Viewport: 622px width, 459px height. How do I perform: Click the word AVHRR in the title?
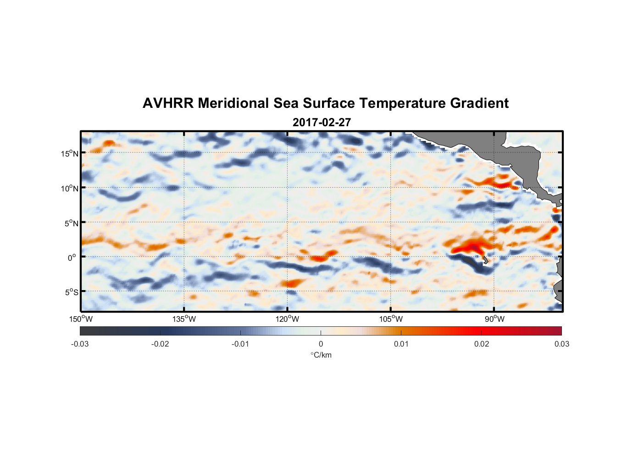[x=168, y=103]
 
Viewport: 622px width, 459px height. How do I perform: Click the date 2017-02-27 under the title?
[x=322, y=123]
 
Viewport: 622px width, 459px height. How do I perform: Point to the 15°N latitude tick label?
[x=70, y=153]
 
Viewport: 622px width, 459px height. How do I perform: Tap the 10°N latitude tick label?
[x=70, y=188]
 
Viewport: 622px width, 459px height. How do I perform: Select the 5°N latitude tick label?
[x=71, y=223]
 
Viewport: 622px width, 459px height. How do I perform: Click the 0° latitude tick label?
[x=72, y=258]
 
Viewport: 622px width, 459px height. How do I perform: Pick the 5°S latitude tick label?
[x=71, y=292]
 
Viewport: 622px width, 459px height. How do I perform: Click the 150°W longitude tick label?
[x=81, y=319]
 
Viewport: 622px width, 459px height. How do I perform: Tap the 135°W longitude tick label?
[x=184, y=319]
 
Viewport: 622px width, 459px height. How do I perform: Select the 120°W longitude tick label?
[x=287, y=319]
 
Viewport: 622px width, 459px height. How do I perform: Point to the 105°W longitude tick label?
[x=391, y=319]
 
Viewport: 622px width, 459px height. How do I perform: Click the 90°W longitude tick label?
[x=494, y=319]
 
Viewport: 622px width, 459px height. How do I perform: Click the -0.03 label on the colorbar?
[x=80, y=344]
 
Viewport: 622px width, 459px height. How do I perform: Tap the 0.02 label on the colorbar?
[x=481, y=344]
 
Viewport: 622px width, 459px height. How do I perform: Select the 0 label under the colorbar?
[x=321, y=344]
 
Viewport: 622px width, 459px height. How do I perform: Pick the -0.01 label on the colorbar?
[x=240, y=344]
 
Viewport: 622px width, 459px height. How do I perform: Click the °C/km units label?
[x=321, y=355]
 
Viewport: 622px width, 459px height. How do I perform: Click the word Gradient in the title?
[x=479, y=103]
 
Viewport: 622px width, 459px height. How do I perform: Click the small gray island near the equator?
[x=485, y=260]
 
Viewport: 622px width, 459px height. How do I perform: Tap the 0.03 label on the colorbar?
[x=561, y=344]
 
